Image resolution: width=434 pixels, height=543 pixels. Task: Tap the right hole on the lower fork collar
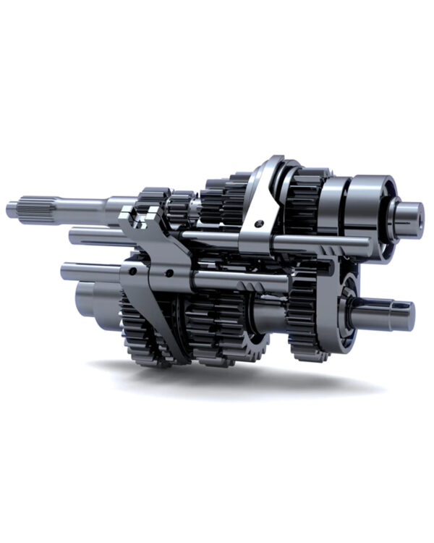pyautogui.click(x=169, y=273)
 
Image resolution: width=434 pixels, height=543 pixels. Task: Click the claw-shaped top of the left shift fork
pyautogui.click(x=141, y=214)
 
